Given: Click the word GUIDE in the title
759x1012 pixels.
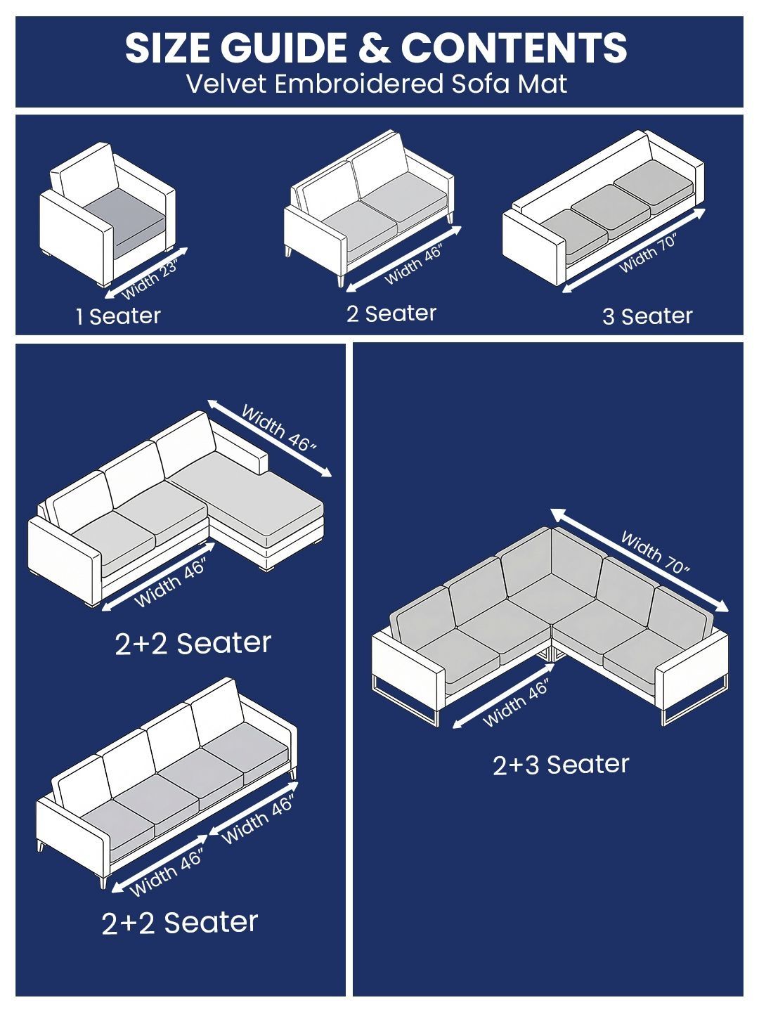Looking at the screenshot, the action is coord(283,48).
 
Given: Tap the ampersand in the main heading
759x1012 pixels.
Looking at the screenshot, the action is coord(374,48).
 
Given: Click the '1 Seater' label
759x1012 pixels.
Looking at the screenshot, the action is coord(119,316).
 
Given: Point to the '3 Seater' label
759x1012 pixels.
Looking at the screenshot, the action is coord(647,316).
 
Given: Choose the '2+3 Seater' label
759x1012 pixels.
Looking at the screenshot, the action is coord(561,765).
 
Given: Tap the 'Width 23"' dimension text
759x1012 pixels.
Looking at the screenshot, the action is coord(150,281).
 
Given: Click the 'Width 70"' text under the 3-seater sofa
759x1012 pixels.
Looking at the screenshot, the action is coord(649,254).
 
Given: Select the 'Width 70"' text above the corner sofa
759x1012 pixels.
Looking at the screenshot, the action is coord(655,552).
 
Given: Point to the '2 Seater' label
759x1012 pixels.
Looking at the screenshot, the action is coord(391,314).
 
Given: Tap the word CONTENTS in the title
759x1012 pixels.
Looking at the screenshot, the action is coord(514,48).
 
